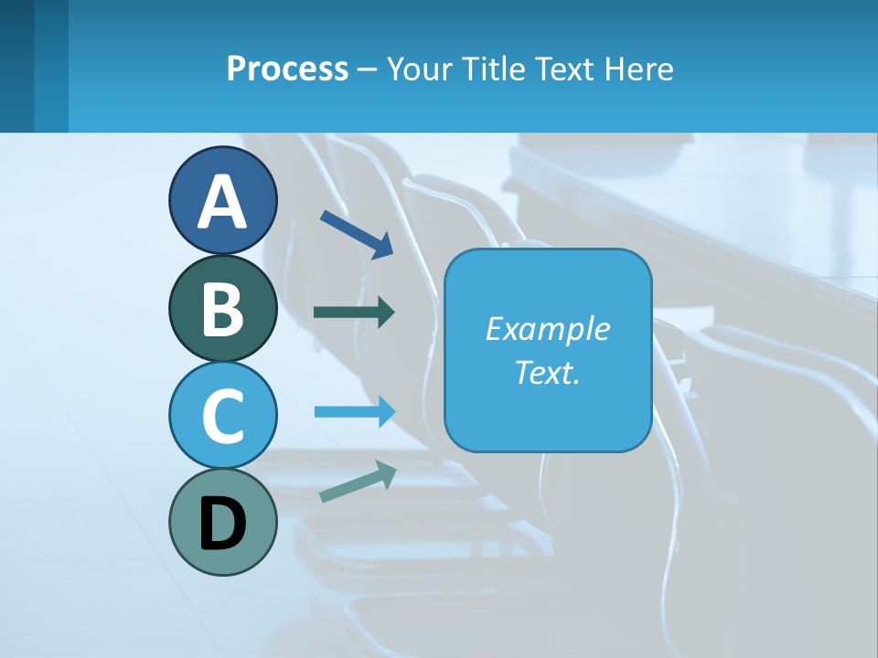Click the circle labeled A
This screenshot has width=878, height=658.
click(x=223, y=200)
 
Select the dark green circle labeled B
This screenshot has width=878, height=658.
click(x=223, y=308)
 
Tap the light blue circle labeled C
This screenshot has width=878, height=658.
click(x=223, y=415)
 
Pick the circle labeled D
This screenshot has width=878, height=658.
click(x=223, y=522)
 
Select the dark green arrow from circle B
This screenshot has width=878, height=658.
click(x=353, y=312)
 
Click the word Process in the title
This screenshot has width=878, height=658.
click(x=287, y=69)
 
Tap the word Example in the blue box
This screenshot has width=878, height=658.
click(x=547, y=329)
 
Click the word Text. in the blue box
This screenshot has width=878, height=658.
click(x=547, y=372)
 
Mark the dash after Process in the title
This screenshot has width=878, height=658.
click(x=368, y=69)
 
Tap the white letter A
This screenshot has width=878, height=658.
click(x=223, y=201)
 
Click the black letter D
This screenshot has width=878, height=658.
click(x=223, y=524)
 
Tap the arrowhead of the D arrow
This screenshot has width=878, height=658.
click(x=386, y=472)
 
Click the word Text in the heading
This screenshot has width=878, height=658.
click(x=562, y=69)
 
